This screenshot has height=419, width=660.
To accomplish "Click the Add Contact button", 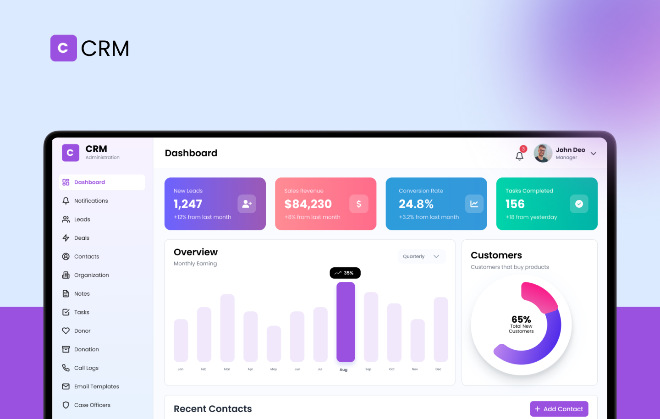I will coord(559,409).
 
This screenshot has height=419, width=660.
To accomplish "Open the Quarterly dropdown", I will coord(421,257).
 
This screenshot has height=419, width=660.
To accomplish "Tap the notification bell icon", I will coord(519,156).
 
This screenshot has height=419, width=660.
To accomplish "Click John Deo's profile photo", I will coord(543,154).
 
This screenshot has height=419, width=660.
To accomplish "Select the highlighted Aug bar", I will coord(346,322).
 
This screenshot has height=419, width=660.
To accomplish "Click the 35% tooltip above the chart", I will coord(345,273).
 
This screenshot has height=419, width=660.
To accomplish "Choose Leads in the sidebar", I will coord(82,220).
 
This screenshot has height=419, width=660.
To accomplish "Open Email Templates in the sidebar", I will coord(96,386).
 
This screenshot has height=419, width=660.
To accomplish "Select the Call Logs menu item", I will coord(86,368).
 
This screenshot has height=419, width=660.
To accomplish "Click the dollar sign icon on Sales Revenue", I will coord(359,204).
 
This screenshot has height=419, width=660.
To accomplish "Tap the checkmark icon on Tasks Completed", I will coord(579,204).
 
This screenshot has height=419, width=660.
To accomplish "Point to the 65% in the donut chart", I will coord(521,320).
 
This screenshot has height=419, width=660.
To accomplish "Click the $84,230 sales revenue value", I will coord(308,204).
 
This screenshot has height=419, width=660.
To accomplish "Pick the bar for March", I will coord(227,328).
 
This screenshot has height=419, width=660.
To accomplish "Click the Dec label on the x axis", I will coord(439,369).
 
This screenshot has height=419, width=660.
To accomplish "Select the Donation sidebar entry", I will coord(86,349).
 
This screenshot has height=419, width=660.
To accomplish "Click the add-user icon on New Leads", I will coord(247,204).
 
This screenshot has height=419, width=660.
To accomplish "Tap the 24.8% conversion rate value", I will coord(416,204).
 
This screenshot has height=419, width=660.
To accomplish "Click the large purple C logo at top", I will coord(64,48).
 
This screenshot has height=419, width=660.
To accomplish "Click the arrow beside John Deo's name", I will coord(594,154).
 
